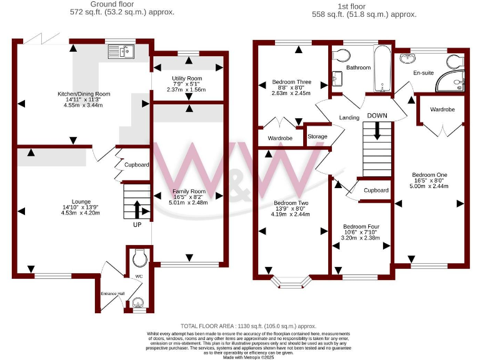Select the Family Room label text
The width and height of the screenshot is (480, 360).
[188, 191]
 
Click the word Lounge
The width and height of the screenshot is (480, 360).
[81, 201]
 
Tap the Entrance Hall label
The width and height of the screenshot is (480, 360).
[113, 292]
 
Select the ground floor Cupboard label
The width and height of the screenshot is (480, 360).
[136, 165]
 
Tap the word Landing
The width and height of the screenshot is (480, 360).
[349, 117]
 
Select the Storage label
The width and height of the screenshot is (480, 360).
[317, 136]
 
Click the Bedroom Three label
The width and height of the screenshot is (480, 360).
[291, 82]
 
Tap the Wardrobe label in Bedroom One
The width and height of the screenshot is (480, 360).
[442, 109]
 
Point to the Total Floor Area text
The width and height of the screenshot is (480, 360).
[248, 326]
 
